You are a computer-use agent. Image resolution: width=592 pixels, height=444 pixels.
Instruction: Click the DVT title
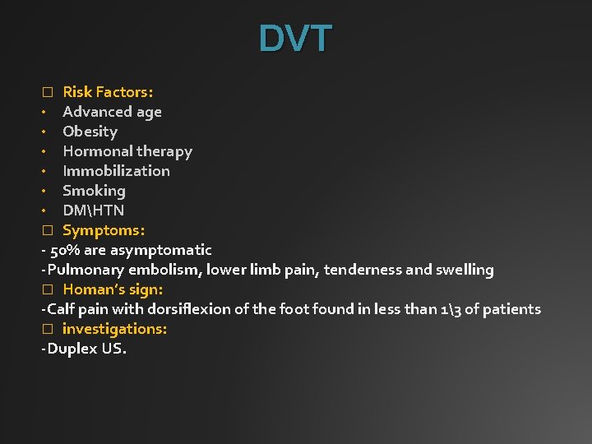coord(295,39)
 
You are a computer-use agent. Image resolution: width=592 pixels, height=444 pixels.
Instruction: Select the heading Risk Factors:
coord(108,92)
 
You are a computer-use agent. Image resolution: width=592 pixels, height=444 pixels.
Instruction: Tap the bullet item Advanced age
coord(112,112)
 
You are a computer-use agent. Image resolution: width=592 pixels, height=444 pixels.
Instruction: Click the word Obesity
coord(90,132)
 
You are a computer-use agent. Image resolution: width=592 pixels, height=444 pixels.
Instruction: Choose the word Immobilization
coord(116,171)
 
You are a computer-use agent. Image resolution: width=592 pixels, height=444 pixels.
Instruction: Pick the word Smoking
coord(94,191)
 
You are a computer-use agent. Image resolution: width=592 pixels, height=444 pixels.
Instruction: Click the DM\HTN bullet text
coord(93,210)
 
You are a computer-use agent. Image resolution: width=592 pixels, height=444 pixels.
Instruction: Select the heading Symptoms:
coord(104,230)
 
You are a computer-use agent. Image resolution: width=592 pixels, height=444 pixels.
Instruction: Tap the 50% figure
coord(64,250)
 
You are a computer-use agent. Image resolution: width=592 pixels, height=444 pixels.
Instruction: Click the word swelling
coord(465,270)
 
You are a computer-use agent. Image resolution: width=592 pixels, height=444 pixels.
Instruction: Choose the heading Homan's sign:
coord(113,289)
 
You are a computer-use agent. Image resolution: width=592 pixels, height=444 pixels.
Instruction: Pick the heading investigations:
coord(114,329)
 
